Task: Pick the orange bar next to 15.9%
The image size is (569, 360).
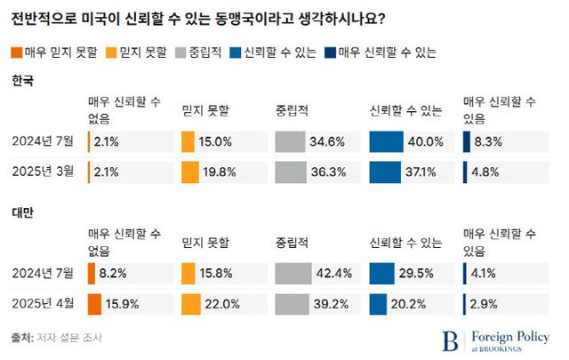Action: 94,304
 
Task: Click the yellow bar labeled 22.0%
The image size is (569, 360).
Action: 190,304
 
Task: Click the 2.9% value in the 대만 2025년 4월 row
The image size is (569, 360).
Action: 484,304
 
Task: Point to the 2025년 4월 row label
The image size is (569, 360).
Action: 42,304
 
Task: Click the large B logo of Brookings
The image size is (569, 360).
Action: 451,340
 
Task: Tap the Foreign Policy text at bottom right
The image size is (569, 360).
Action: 511,336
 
